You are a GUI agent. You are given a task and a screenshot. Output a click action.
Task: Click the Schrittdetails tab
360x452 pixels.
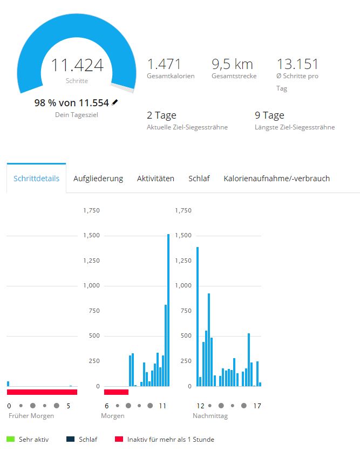pos(36,179)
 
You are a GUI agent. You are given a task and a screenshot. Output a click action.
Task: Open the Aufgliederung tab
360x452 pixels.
pos(98,179)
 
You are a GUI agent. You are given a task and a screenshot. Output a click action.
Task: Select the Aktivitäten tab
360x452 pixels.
pos(155,179)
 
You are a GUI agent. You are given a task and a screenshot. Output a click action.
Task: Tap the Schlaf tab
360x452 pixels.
pos(199,179)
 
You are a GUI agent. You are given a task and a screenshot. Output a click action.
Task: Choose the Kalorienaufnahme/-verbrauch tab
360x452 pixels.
pos(276,179)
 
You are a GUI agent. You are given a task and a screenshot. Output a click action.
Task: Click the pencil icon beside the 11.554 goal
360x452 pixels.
pos(115,102)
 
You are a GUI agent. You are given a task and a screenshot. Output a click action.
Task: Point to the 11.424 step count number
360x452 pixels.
pos(77,66)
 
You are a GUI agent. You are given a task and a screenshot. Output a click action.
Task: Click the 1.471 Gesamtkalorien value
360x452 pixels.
pos(164,64)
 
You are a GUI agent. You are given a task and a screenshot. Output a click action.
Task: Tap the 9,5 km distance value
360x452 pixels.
pos(232,64)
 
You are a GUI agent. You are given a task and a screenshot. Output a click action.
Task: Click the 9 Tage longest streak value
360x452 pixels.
pos(269,115)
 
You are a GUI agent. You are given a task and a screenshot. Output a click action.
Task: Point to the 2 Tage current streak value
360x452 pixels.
pos(161,115)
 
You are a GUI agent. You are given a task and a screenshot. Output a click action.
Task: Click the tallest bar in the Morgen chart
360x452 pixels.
pos(168,310)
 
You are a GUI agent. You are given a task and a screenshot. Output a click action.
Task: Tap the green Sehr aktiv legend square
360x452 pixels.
pos(10,439)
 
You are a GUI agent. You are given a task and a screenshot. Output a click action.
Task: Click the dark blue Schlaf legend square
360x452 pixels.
pos(70,439)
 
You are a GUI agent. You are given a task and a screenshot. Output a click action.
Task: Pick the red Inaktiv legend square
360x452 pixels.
pos(119,439)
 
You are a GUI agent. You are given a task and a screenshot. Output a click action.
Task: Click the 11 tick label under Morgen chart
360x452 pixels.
pos(162,406)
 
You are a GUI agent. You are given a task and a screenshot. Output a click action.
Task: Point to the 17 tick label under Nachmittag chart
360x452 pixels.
pos(257,406)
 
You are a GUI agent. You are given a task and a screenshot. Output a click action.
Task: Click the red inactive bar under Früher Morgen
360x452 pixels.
pos(42,392)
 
